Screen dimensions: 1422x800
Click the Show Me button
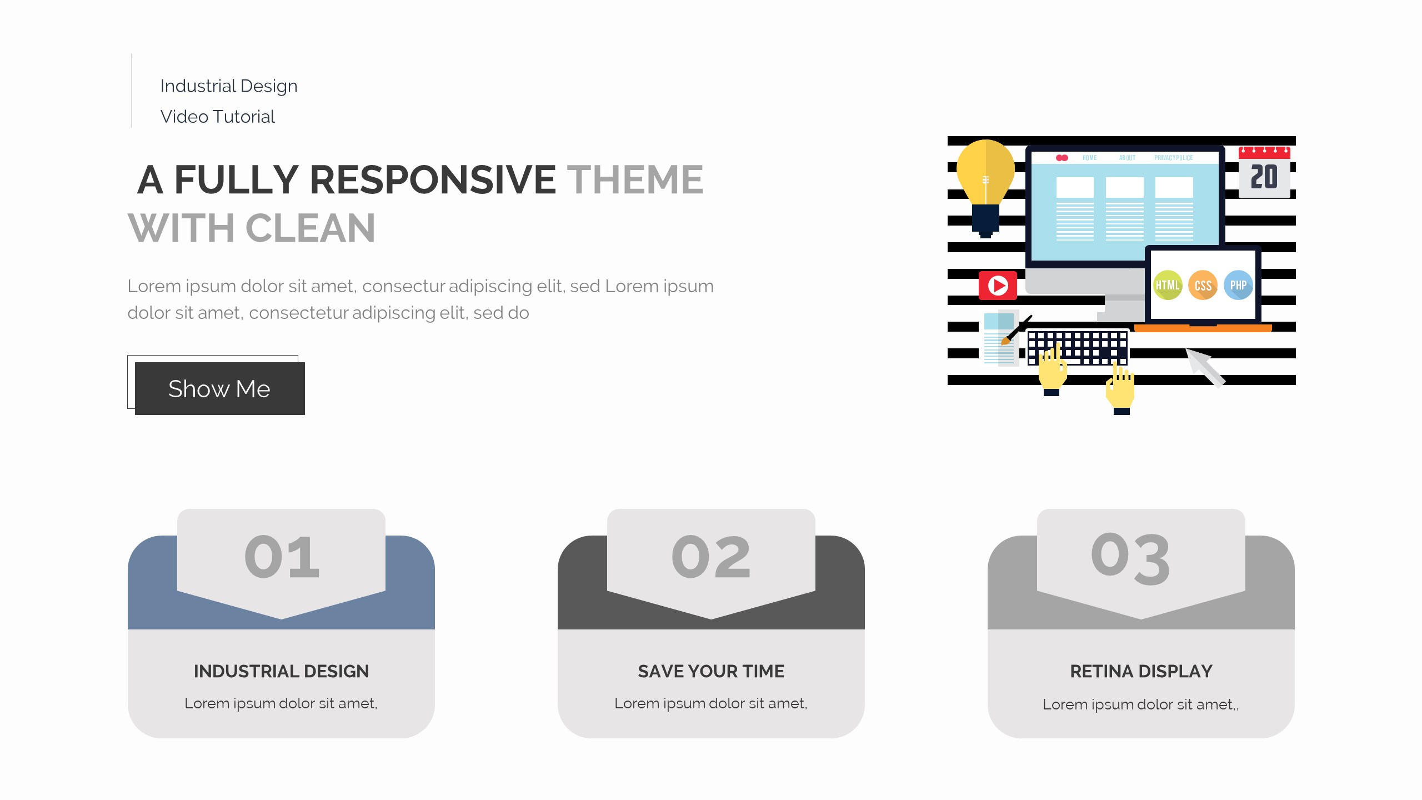click(219, 388)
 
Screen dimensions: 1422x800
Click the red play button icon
click(998, 286)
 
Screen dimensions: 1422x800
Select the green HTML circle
click(1168, 285)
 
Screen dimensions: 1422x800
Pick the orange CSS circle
click(1203, 286)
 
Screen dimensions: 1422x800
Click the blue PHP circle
click(1238, 285)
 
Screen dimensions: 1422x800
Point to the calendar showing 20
click(1264, 172)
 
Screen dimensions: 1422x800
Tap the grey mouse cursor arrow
click(1205, 367)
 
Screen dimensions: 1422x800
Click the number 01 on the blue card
click(282, 557)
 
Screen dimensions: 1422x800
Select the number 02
click(711, 557)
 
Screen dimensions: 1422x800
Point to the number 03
click(1130, 558)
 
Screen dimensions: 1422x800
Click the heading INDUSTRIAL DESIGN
click(282, 671)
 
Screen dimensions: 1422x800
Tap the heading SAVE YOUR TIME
click(711, 671)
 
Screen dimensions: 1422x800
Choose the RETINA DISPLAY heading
click(1141, 671)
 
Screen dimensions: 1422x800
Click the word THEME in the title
click(635, 179)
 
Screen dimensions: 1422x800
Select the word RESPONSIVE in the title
click(433, 179)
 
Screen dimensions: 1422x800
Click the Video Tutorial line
click(218, 117)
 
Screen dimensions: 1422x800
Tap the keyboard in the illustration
click(1078, 347)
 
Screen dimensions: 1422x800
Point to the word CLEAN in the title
click(310, 228)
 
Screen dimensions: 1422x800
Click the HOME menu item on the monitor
click(1089, 158)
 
